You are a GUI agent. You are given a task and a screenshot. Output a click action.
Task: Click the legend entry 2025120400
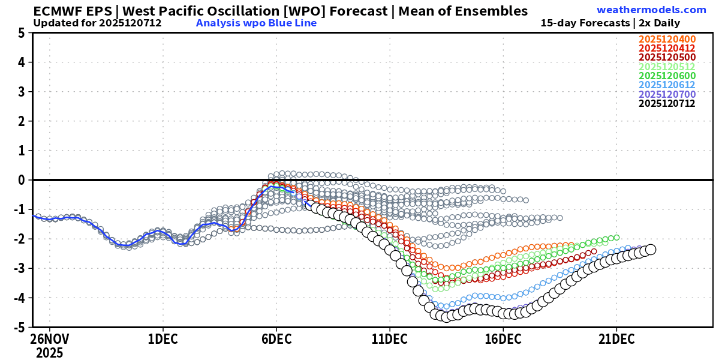point(667,40)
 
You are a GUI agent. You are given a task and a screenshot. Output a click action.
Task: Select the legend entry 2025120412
point(667,49)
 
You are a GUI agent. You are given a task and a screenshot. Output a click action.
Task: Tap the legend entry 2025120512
point(667,67)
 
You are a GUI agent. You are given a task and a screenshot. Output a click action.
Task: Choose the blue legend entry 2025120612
point(667,85)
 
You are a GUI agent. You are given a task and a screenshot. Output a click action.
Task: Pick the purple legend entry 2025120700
point(667,94)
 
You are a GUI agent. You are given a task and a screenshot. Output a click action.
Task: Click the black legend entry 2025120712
point(667,103)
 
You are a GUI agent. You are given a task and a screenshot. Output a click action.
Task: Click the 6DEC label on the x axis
point(276,339)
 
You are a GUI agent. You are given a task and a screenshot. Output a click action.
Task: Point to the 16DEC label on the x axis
point(503,339)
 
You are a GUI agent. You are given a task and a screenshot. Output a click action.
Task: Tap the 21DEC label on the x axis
point(616,339)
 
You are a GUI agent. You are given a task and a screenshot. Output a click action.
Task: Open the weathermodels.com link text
point(651,10)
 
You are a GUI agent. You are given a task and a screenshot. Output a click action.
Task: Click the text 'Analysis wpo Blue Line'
point(256,23)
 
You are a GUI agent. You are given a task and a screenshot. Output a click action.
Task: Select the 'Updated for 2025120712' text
point(97,23)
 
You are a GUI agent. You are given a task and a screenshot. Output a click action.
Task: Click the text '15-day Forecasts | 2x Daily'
point(610,23)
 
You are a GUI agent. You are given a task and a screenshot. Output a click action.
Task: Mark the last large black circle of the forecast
point(650,249)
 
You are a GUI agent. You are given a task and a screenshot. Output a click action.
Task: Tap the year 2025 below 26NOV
point(49,353)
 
